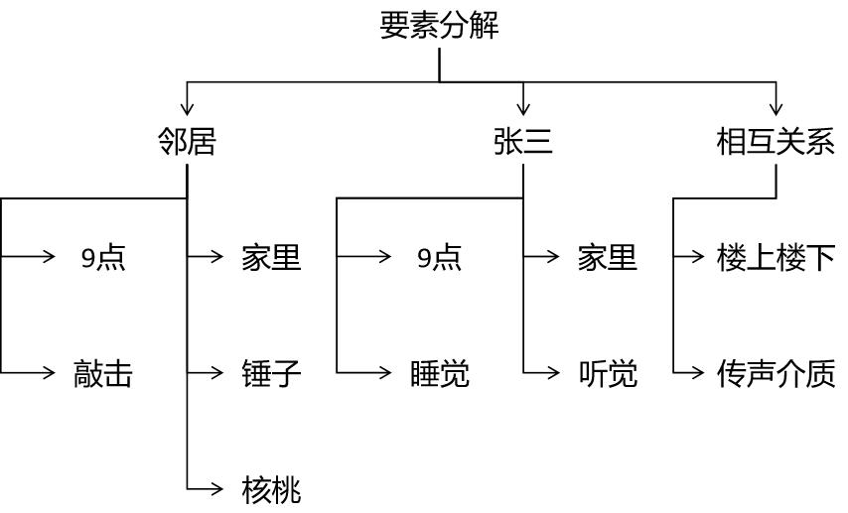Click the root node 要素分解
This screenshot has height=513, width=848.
pos(439,25)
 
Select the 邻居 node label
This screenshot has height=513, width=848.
pos(187,142)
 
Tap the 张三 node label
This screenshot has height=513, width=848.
pos(523,142)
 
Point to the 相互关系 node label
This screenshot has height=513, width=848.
pos(776,142)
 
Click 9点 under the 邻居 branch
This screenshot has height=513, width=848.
pos(103,258)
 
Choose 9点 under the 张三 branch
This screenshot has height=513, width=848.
pos(439,258)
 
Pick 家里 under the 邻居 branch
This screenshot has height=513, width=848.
pos(271,258)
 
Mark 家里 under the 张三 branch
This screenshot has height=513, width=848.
pos(607,258)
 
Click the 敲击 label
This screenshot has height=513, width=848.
pos(103,374)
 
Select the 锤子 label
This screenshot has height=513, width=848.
pos(271,374)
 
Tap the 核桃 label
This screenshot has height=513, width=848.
pos(271,489)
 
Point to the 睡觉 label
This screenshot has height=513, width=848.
pos(439,374)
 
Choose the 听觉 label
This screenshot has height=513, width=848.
pos(607,374)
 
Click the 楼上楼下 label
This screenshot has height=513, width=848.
pos(776,258)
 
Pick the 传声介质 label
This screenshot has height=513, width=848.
pos(776,374)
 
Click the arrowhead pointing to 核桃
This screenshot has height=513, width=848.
pos(217,487)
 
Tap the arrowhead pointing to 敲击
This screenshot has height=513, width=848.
pos(49,372)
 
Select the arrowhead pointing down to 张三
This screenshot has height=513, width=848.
pos(523,107)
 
